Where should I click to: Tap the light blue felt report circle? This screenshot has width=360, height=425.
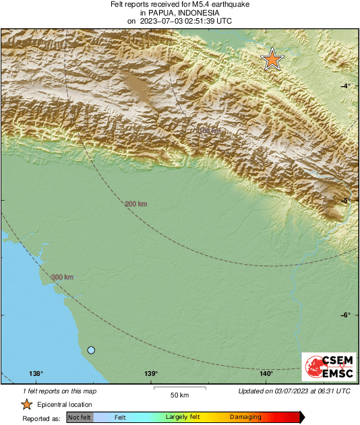coord(91,350)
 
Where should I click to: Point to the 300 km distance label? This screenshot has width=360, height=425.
coord(62,277)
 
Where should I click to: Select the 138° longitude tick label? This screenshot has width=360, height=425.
coord(36,374)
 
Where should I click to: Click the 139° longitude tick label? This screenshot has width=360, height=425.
coord(151,374)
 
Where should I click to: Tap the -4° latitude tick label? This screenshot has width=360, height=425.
coord(345,86)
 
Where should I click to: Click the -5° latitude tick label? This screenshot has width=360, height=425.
coord(345,201)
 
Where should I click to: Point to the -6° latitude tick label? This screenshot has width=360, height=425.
coord(345,315)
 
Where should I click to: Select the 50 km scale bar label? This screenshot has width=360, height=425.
coord(179,394)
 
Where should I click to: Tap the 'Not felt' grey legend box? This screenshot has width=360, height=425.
coord(80,418)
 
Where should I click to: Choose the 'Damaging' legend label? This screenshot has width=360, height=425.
coord(245,418)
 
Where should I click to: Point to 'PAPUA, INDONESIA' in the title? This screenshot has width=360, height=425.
coord(180,13)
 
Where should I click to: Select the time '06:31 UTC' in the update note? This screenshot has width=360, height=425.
coord(334,391)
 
